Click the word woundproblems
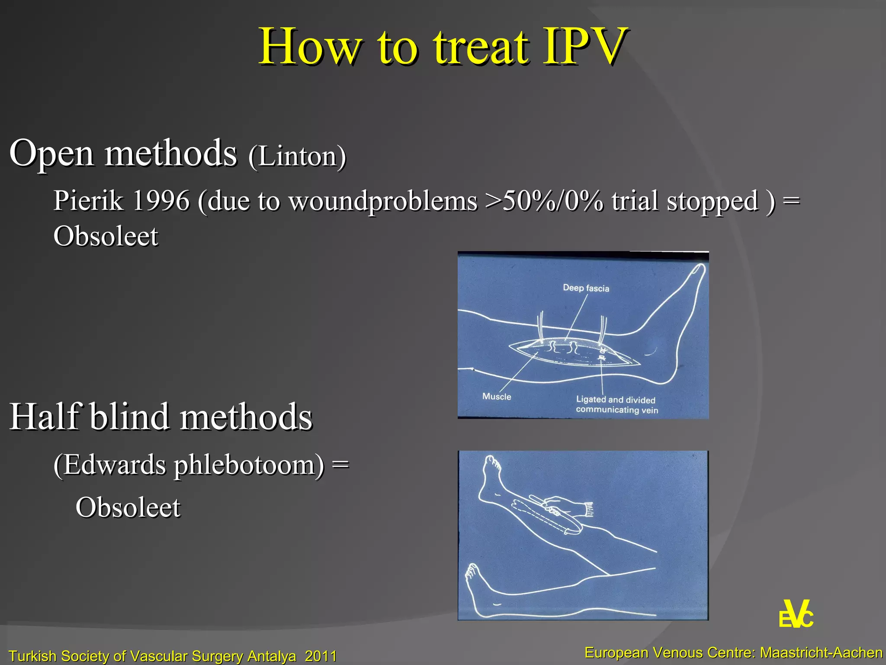tap(383, 201)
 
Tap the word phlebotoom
tap(249, 466)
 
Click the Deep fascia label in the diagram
tap(586, 288)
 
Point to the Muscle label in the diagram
tap(497, 397)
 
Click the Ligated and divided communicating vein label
tap(616, 405)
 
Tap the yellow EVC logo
tap(796, 614)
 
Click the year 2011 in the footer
tap(321, 656)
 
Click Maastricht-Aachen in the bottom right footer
tap(821, 652)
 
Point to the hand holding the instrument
tap(567, 505)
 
